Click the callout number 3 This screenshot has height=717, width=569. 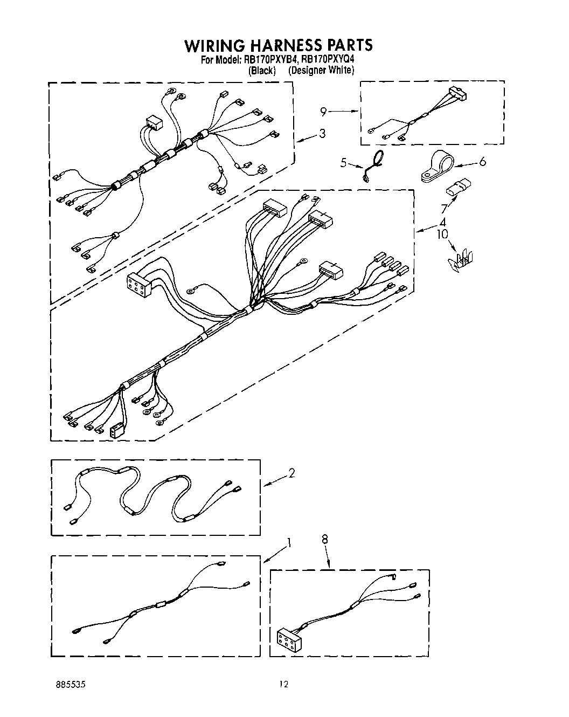pyautogui.click(x=322, y=133)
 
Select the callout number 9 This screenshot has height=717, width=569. pyautogui.click(x=323, y=112)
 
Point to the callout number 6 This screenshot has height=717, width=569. pyautogui.click(x=482, y=161)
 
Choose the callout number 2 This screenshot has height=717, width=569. pyautogui.click(x=292, y=473)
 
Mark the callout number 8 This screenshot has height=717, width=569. pyautogui.click(x=325, y=539)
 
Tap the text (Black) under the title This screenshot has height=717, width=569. pyautogui.click(x=262, y=71)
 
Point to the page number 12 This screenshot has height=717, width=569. pyautogui.click(x=283, y=685)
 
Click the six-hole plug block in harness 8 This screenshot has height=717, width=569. pyautogui.click(x=287, y=638)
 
